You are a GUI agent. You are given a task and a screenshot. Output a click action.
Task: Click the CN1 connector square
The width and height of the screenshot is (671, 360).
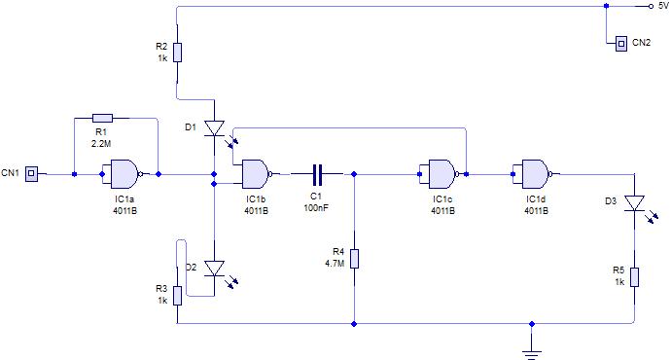pyautogui.click(x=31, y=174)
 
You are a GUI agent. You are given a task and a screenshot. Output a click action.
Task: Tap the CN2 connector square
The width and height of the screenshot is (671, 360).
pyautogui.click(x=621, y=43)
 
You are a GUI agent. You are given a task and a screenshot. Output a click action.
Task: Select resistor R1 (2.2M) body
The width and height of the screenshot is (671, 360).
pyautogui.click(x=103, y=118)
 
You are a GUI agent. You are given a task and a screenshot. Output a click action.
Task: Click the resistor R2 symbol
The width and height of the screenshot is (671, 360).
pyautogui.click(x=178, y=53)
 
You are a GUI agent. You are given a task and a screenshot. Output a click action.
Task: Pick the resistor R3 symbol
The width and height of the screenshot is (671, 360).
pyautogui.click(x=178, y=296)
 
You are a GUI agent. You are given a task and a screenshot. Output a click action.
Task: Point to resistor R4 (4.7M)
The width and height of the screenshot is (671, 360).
pyautogui.click(x=354, y=259)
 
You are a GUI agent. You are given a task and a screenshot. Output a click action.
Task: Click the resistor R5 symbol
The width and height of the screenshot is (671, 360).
pyautogui.click(x=634, y=277)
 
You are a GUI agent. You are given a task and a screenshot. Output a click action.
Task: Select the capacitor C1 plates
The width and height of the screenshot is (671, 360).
pyautogui.click(x=317, y=174)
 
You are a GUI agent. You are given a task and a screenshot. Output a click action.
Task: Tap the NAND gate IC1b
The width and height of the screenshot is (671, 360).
pyautogui.click(x=257, y=174)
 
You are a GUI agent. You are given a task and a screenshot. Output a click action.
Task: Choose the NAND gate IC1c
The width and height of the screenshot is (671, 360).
pyautogui.click(x=443, y=174)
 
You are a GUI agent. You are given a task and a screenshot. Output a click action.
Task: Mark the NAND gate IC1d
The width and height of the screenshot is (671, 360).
pyautogui.click(x=537, y=174)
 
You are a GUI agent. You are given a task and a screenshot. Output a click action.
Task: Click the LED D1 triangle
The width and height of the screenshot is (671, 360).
pyautogui.click(x=214, y=128)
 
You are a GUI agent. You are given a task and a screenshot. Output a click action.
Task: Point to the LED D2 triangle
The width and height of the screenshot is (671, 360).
pyautogui.click(x=214, y=269)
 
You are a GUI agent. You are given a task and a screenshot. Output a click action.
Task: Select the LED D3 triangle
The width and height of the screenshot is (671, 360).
pyautogui.click(x=634, y=203)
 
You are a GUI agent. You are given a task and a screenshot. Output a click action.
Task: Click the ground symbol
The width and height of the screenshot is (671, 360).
pyautogui.click(x=532, y=354)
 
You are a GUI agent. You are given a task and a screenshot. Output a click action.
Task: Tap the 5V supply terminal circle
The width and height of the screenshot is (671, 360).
pyautogui.click(x=651, y=7)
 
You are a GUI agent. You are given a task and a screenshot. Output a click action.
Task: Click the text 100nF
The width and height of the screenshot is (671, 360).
pyautogui.click(x=316, y=208)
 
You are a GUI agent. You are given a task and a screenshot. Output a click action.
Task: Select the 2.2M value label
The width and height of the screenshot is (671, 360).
pyautogui.click(x=101, y=144)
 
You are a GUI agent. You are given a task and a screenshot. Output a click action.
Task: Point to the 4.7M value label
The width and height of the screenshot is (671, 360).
pyautogui.click(x=335, y=264)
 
